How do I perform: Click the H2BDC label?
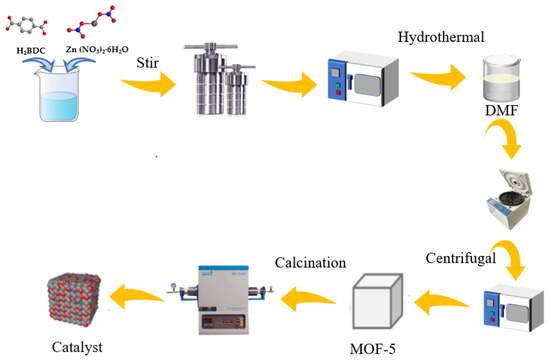click(33, 49)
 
